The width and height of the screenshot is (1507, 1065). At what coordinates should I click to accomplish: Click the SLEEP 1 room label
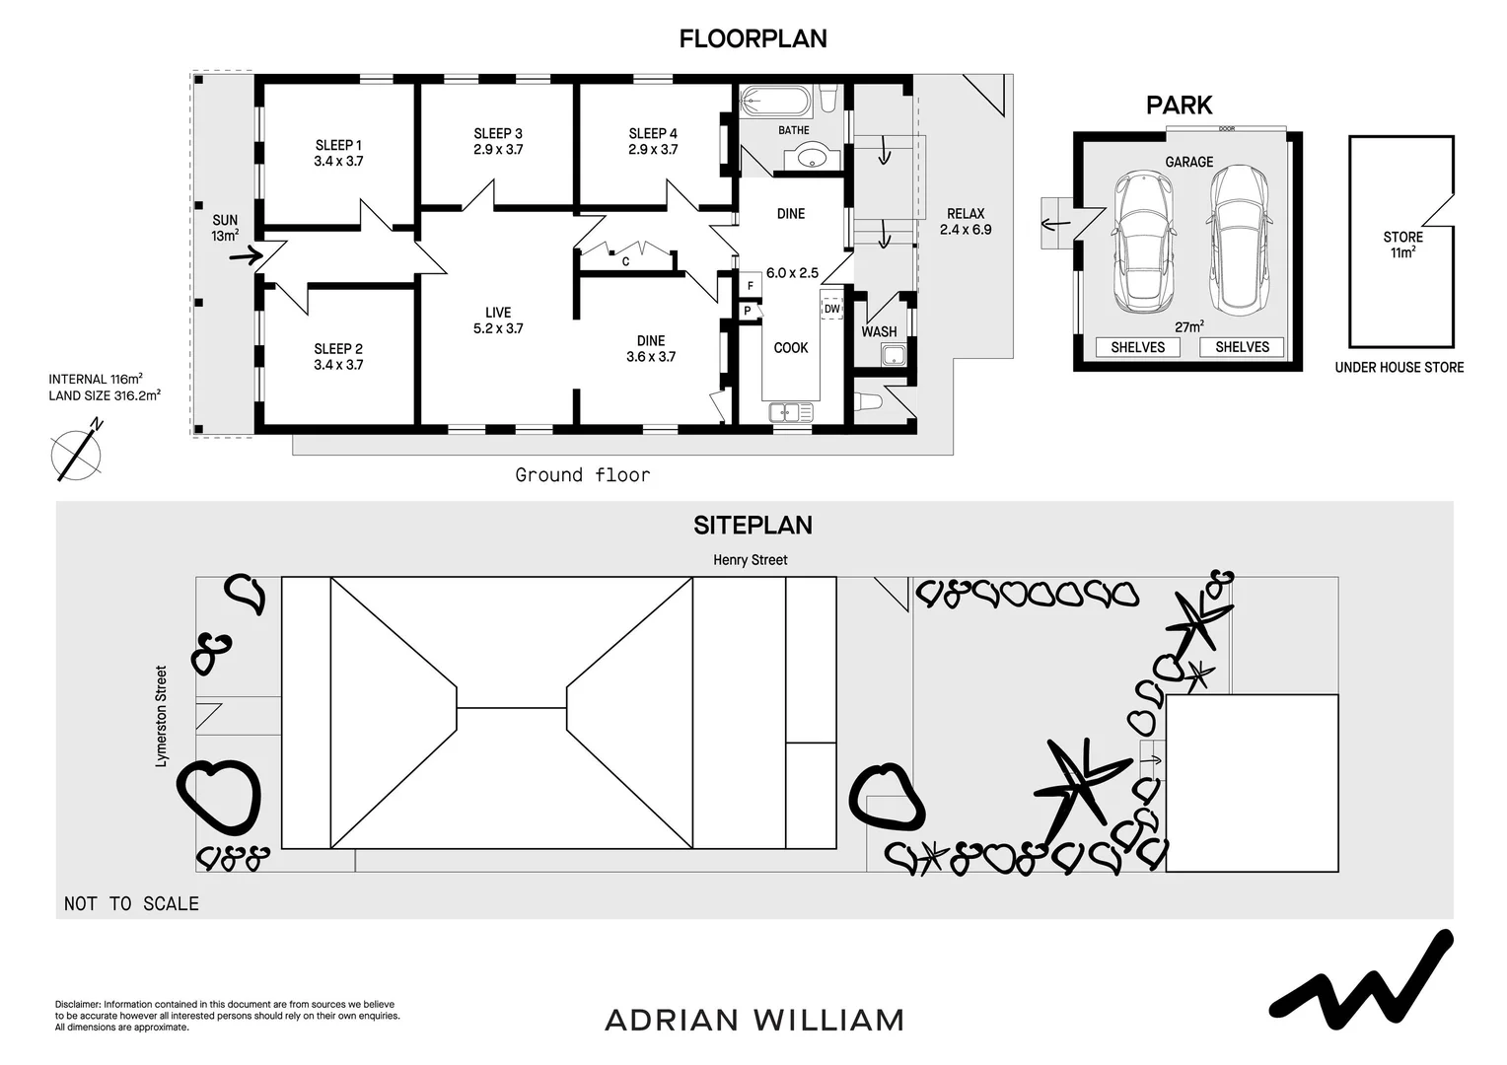click(x=338, y=153)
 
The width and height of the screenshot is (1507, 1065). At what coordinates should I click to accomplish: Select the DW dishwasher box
click(x=831, y=308)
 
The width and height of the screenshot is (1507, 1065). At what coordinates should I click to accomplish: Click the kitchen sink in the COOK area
click(x=791, y=412)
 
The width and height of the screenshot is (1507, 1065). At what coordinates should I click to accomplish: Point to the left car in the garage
click(x=1143, y=242)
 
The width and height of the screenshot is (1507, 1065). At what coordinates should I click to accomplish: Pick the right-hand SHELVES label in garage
click(x=1242, y=347)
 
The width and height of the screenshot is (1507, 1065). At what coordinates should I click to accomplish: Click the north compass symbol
click(x=77, y=451)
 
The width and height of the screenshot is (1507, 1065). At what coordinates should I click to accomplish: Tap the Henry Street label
click(x=751, y=560)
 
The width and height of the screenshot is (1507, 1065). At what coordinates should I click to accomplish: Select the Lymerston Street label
click(x=161, y=717)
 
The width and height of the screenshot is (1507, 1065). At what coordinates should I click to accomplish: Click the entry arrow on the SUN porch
click(x=246, y=256)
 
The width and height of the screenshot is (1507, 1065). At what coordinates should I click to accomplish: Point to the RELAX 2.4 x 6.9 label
click(x=966, y=221)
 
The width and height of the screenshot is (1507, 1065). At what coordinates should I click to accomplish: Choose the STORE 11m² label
click(x=1402, y=245)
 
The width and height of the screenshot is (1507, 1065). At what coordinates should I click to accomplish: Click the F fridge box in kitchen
click(x=751, y=286)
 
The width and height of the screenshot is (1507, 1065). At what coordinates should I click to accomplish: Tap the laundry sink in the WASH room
click(x=895, y=355)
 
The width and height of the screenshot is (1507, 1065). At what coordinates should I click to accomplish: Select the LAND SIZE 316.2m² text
click(x=105, y=395)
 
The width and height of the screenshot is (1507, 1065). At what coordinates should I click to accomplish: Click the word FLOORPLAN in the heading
click(x=753, y=39)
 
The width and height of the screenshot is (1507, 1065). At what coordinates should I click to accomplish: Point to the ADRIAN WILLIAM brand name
click(x=754, y=1020)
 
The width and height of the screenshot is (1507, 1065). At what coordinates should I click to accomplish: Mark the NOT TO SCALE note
click(x=131, y=903)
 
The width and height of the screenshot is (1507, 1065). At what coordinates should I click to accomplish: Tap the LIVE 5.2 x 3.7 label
click(x=498, y=320)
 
